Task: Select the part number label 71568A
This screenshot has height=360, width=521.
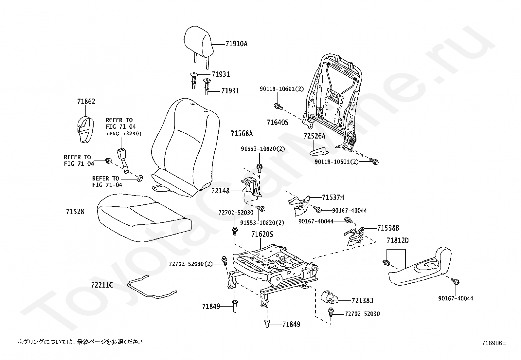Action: [242, 134]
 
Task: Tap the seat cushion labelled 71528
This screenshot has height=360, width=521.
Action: [144, 218]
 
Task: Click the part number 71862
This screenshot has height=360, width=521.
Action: [86, 102]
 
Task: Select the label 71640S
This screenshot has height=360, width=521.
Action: [278, 123]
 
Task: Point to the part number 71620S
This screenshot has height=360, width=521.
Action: [262, 235]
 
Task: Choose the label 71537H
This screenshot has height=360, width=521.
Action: [333, 197]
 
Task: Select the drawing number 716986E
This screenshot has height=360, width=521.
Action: [494, 343]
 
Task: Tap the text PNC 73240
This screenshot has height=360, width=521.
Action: [124, 134]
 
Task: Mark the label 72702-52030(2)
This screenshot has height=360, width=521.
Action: [190, 264]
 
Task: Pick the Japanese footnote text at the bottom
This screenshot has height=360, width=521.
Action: [80, 342]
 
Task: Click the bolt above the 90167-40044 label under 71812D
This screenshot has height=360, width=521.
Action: [455, 282]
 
